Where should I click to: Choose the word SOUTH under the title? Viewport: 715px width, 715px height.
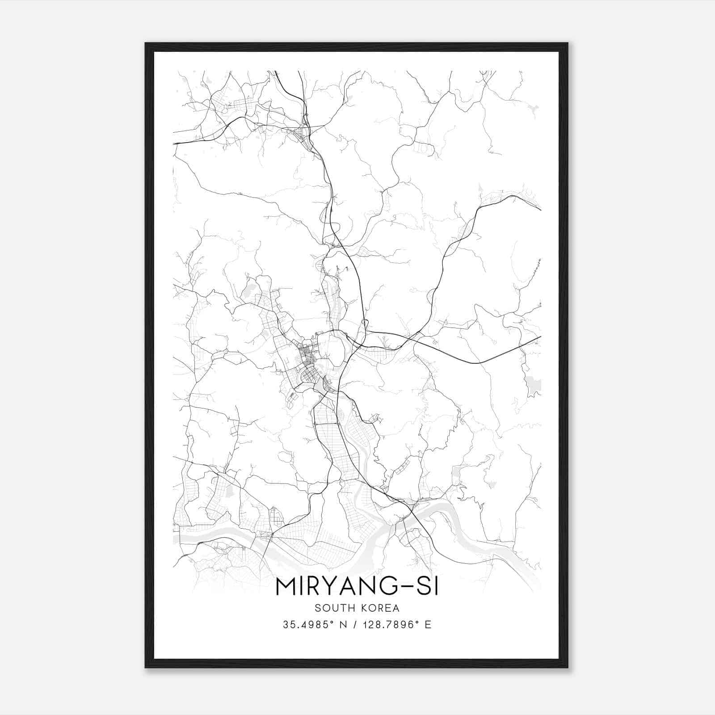[334, 608]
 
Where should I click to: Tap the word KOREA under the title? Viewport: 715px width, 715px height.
[380, 608]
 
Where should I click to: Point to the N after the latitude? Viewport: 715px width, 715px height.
[344, 625]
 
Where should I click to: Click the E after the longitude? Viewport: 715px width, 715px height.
[428, 625]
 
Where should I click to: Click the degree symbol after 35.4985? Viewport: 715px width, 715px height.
[332, 622]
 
